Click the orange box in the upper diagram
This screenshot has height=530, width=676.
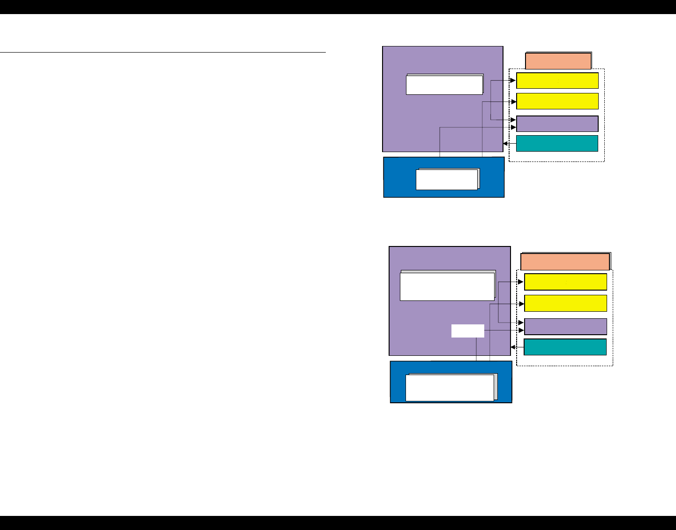pyautogui.click(x=558, y=61)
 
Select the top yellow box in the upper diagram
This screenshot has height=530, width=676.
pyautogui.click(x=557, y=81)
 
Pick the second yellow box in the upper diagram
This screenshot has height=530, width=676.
pyautogui.click(x=557, y=101)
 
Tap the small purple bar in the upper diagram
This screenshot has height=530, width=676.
pyautogui.click(x=557, y=124)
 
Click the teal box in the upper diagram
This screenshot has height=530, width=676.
pyautogui.click(x=557, y=144)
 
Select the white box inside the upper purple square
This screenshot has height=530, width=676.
pyautogui.click(x=444, y=85)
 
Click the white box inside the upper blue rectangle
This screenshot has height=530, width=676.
pyautogui.click(x=447, y=180)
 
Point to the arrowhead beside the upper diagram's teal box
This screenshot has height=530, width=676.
pyautogui.click(x=505, y=144)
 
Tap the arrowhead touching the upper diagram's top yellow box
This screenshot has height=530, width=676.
pyautogui.click(x=513, y=81)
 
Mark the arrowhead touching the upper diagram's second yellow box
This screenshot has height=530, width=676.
pyautogui.click(x=513, y=101)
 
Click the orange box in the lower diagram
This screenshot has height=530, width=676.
pyautogui.click(x=565, y=261)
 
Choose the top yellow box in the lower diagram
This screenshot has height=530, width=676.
pyautogui.click(x=565, y=282)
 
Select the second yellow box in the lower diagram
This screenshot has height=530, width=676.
pyautogui.click(x=565, y=303)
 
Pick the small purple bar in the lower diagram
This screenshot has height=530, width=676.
pyautogui.click(x=565, y=326)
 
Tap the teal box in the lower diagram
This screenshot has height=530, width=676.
pyautogui.click(x=565, y=347)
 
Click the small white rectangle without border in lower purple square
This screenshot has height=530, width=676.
pyautogui.click(x=467, y=330)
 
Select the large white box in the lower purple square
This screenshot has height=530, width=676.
pyautogui.click(x=447, y=286)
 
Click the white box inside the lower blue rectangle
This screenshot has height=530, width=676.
pyautogui.click(x=450, y=388)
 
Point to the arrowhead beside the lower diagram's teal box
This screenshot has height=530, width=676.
pyautogui.click(x=513, y=347)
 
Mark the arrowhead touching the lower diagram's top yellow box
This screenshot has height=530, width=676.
pyautogui.click(x=521, y=282)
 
